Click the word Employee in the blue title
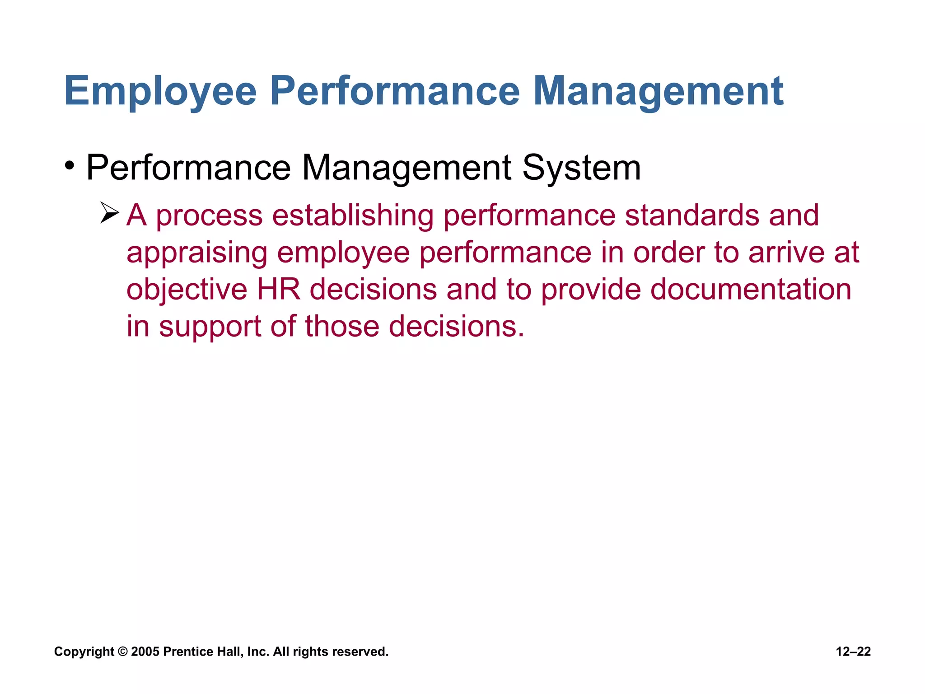(x=160, y=92)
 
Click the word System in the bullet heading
(x=581, y=168)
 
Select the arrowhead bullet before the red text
(x=109, y=213)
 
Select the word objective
(x=187, y=290)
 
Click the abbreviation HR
(x=279, y=289)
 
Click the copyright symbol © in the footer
(x=122, y=652)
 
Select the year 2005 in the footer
(x=145, y=652)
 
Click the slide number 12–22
(x=853, y=652)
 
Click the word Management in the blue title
(x=658, y=92)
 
